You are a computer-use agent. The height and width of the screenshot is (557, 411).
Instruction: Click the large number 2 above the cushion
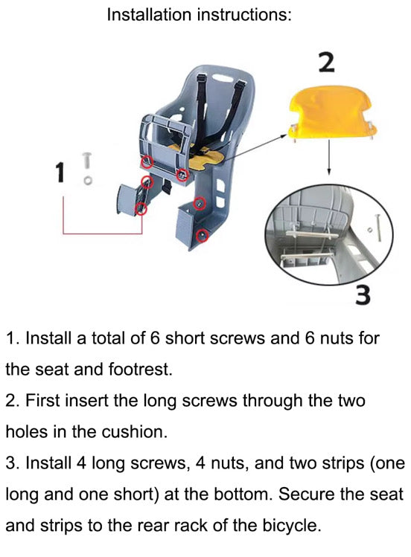pyautogui.click(x=326, y=62)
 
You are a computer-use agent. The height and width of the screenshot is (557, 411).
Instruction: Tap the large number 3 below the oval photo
pyautogui.click(x=363, y=294)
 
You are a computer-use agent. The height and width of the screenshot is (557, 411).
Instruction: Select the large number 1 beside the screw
pyautogui.click(x=60, y=172)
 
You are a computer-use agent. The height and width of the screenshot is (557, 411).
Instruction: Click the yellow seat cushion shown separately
pyautogui.click(x=331, y=113)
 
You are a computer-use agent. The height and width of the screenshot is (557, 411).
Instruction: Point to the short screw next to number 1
pyautogui.click(x=87, y=161)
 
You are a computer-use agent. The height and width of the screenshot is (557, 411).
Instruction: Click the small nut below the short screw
pyautogui.click(x=87, y=181)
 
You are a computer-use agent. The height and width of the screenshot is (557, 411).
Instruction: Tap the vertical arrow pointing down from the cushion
pyautogui.click(x=329, y=157)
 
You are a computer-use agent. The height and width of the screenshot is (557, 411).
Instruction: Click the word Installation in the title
pyautogui.click(x=149, y=15)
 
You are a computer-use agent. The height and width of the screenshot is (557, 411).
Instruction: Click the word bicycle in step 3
pyautogui.click(x=292, y=525)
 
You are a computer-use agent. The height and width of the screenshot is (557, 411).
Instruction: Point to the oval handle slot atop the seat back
pyautogui.click(x=221, y=77)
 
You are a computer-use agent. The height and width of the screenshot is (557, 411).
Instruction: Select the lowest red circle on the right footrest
pyautogui.click(x=203, y=235)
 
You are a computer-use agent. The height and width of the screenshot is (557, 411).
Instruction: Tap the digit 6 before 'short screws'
pyautogui.click(x=155, y=338)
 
